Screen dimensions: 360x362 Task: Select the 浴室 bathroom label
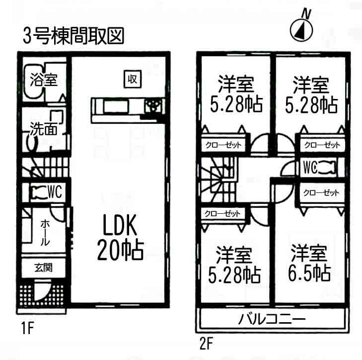[43, 80]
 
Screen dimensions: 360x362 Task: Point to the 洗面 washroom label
[43, 129]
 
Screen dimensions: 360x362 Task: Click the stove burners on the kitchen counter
[153, 105]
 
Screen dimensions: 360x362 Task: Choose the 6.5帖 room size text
[308, 272]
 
